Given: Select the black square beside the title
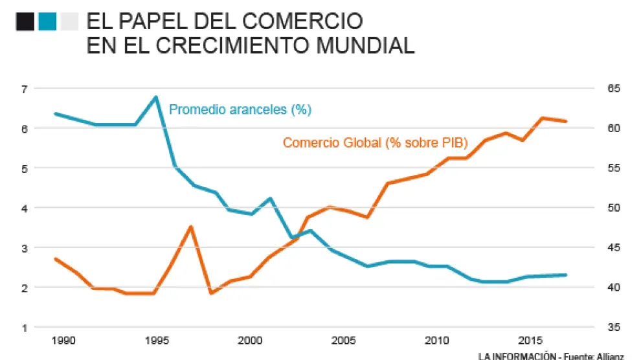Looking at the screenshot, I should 25,22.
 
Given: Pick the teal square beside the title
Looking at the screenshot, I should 47,22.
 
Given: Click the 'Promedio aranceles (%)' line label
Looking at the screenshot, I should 240,109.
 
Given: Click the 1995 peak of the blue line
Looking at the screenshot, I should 155,97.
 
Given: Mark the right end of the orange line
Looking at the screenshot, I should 567,121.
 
